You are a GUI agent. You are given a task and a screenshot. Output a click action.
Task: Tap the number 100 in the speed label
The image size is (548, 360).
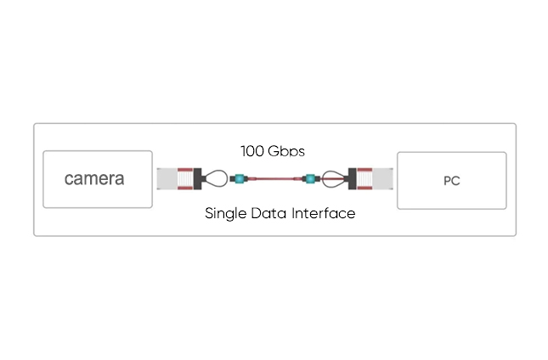click(x=251, y=151)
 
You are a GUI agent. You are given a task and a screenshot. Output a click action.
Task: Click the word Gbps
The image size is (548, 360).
click(x=286, y=151)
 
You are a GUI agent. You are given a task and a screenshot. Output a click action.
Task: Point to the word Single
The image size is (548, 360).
click(x=226, y=213)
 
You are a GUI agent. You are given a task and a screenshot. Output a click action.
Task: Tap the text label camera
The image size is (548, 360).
click(x=94, y=179)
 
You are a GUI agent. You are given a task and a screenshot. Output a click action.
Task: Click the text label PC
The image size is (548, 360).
click(x=451, y=181)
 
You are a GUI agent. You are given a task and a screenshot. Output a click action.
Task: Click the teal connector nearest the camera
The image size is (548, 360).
click(x=237, y=179)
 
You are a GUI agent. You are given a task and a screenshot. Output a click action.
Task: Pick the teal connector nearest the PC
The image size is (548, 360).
click(x=311, y=179)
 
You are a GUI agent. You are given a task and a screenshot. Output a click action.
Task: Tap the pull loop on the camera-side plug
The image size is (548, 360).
click(x=216, y=179)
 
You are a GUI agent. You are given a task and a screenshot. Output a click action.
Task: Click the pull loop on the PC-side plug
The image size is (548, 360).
click(x=334, y=179)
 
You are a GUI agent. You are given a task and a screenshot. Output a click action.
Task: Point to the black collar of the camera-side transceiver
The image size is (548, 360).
click(x=198, y=179)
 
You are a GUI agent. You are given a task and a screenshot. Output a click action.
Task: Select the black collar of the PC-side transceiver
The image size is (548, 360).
click(x=352, y=179)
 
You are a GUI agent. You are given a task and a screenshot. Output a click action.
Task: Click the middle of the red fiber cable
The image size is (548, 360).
click(x=274, y=179)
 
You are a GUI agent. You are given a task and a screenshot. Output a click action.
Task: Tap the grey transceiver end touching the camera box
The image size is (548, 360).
click(x=165, y=179)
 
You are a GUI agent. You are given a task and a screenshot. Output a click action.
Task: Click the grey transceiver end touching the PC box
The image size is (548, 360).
click(x=385, y=179)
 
